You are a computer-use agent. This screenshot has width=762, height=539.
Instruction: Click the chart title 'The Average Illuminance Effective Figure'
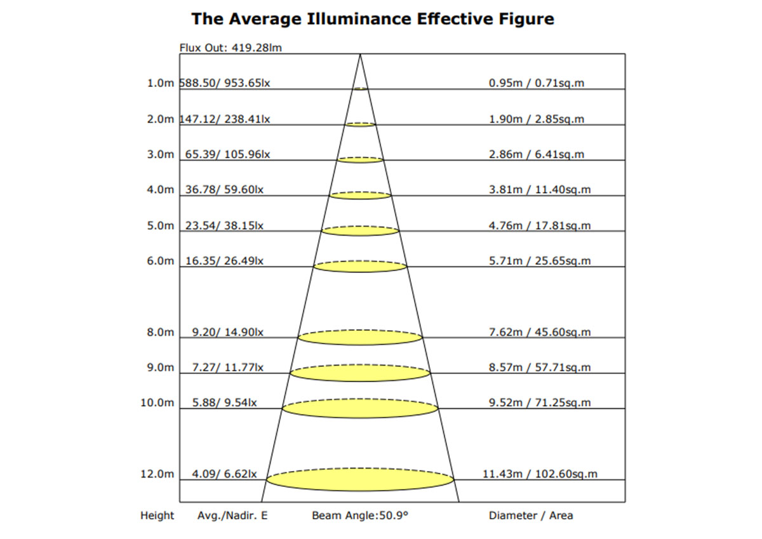pyautogui.click(x=373, y=19)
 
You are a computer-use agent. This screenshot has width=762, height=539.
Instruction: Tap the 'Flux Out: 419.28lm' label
pyautogui.click(x=231, y=47)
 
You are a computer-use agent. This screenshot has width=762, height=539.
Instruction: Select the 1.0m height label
pyautogui.click(x=160, y=83)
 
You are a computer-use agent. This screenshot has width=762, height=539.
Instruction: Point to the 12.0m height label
pyautogui.click(x=157, y=474)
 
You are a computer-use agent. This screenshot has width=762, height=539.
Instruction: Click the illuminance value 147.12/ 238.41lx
pyautogui.click(x=225, y=119)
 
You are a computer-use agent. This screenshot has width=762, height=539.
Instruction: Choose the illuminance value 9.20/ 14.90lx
pyautogui.click(x=228, y=332)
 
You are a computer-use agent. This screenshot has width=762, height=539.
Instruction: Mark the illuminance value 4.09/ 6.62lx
pyautogui.click(x=225, y=474)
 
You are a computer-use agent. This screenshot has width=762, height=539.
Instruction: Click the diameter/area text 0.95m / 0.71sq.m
pyautogui.click(x=537, y=83)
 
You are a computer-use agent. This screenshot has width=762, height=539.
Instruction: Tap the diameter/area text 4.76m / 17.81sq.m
pyautogui.click(x=540, y=225)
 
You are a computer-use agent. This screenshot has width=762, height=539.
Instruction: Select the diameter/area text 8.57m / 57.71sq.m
pyautogui.click(x=540, y=368)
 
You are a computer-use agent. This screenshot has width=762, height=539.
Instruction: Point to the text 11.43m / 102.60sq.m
pyautogui.click(x=540, y=474)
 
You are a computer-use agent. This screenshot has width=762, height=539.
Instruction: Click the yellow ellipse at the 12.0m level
pyautogui.click(x=360, y=479)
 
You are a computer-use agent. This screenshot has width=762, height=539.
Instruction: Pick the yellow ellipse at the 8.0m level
pyautogui.click(x=360, y=338)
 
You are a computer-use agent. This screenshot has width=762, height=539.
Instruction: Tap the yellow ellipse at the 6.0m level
pyautogui.click(x=360, y=267)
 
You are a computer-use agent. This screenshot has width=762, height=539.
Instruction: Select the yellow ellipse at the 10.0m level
pyautogui.click(x=360, y=408)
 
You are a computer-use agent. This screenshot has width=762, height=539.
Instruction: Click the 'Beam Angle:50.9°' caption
pyautogui.click(x=360, y=516)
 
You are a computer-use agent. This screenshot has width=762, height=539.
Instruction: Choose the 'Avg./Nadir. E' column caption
pyautogui.click(x=232, y=516)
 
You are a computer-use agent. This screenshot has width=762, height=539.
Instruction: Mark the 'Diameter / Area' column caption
pyautogui.click(x=531, y=516)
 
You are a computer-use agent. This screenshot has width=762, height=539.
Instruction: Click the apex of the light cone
pyautogui.click(x=360, y=55)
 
